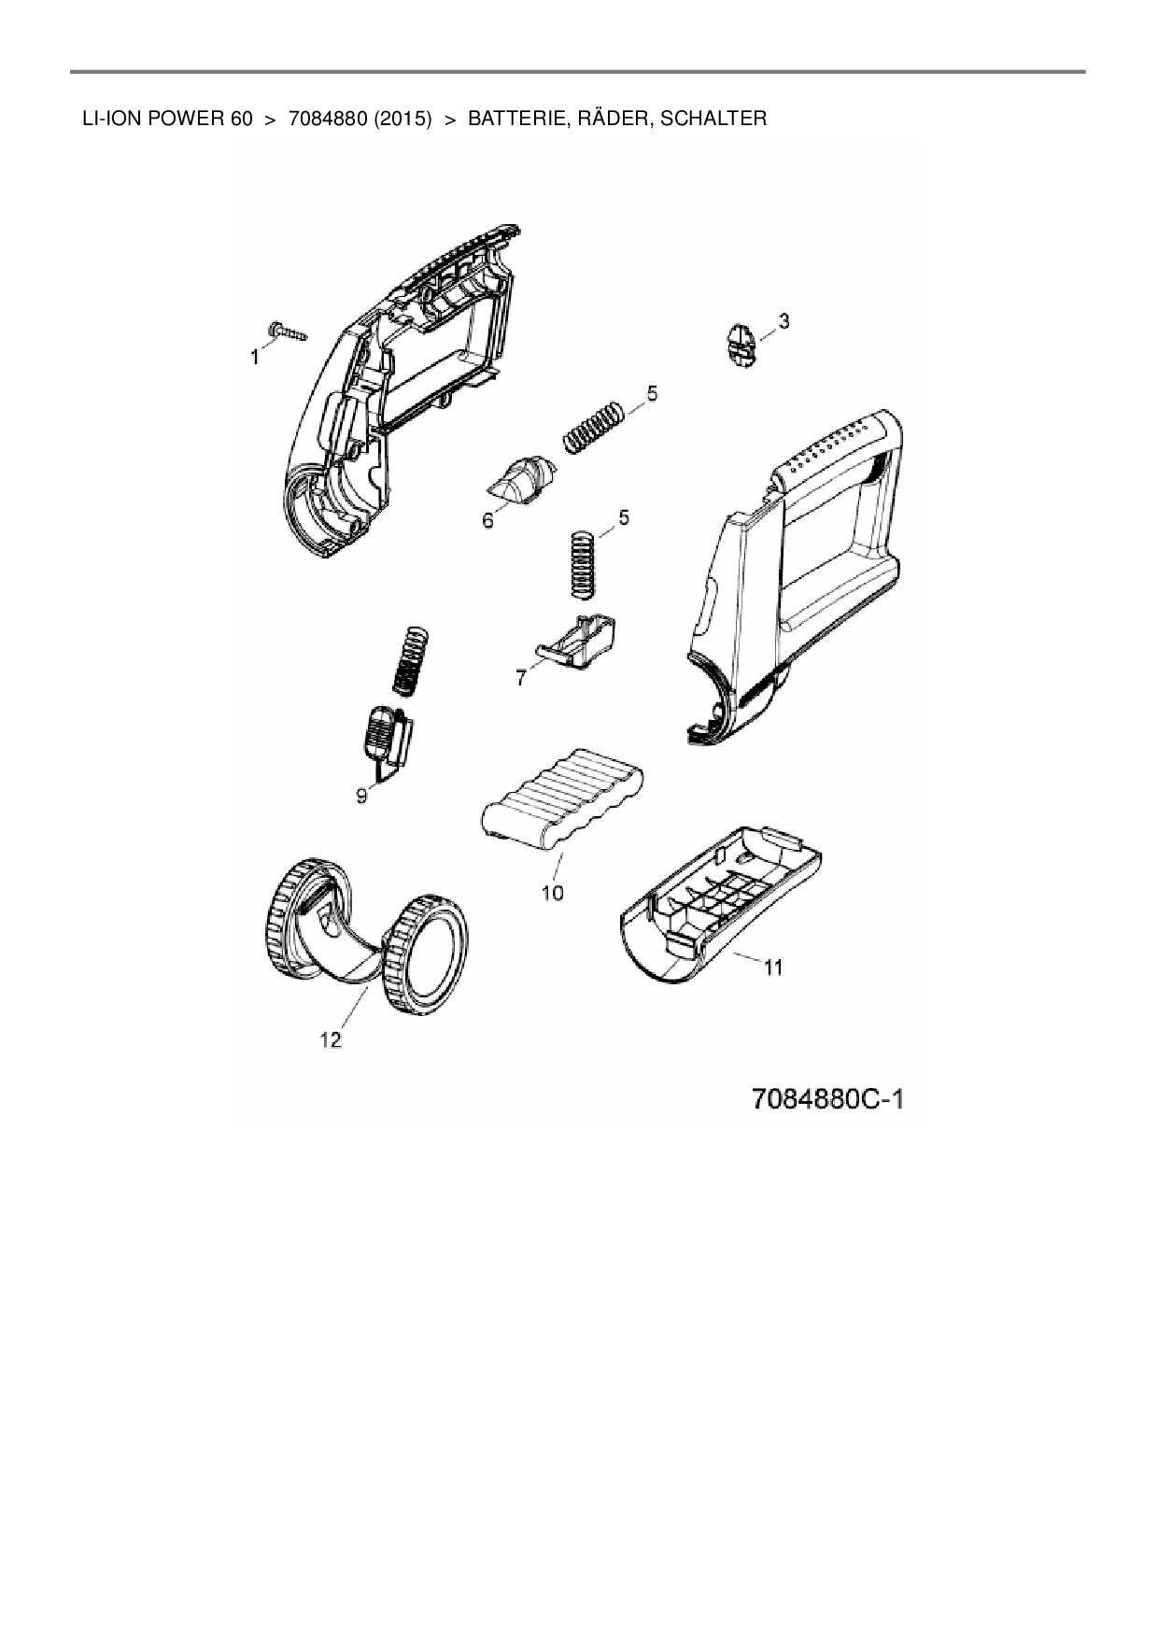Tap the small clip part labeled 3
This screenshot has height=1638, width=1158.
click(x=741, y=344)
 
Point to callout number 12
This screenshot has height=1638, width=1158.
click(x=331, y=1040)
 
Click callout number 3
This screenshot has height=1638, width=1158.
click(x=784, y=321)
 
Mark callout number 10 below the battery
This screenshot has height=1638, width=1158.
click(x=553, y=893)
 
